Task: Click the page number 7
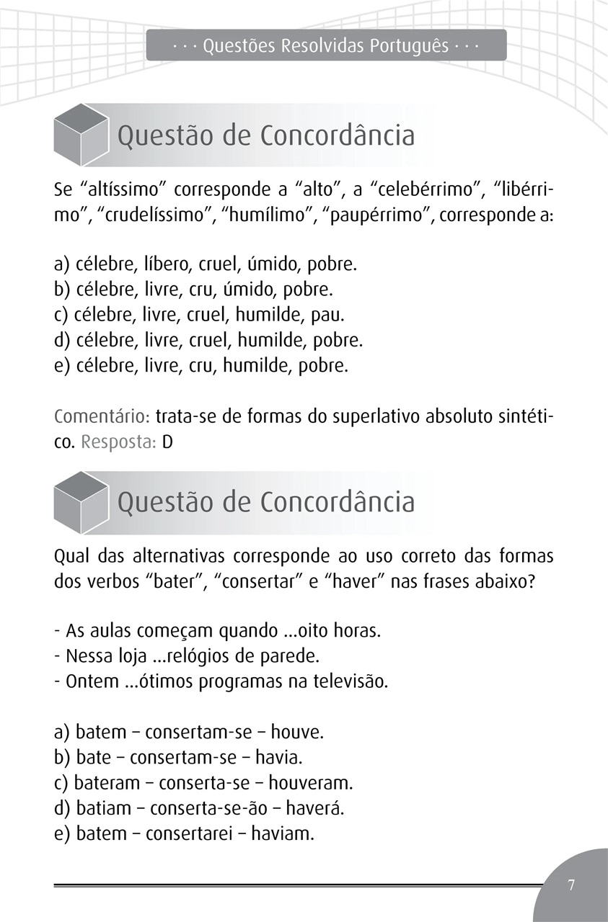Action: pyautogui.click(x=571, y=885)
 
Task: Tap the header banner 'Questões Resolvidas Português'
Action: pyautogui.click(x=326, y=46)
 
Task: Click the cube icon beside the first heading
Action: pyautogui.click(x=81, y=135)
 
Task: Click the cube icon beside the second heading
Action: pyautogui.click(x=81, y=501)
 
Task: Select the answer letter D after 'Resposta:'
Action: pyautogui.click(x=167, y=442)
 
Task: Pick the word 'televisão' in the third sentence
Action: pyautogui.click(x=351, y=681)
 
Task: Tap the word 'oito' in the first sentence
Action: pyautogui.click(x=302, y=631)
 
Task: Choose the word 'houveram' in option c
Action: pyautogui.click(x=312, y=783)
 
